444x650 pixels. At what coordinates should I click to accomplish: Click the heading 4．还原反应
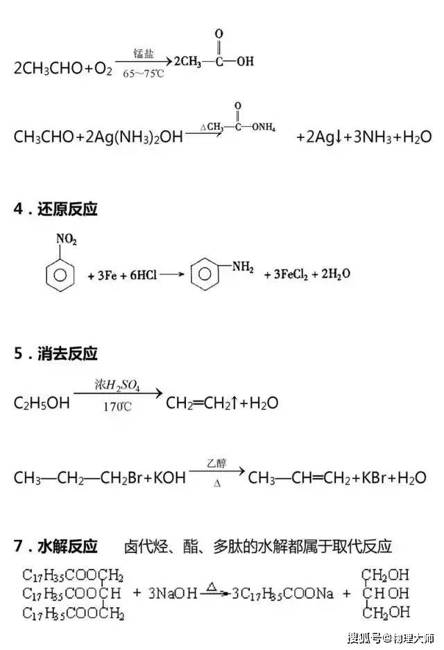[x=55, y=209]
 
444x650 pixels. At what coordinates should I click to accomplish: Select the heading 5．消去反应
[x=55, y=353]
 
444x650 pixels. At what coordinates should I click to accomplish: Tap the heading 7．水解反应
[x=55, y=546]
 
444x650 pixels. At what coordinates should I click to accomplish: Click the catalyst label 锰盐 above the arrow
[x=144, y=53]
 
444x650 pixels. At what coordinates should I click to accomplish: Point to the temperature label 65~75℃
[x=143, y=73]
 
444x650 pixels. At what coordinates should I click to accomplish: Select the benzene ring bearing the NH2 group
[x=205, y=274]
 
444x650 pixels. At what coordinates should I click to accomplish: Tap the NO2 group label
[x=67, y=239]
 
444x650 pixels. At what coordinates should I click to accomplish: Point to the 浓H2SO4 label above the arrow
[x=117, y=385]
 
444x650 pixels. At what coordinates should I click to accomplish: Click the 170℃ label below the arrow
[x=117, y=407]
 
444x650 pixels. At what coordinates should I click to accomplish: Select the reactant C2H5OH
[x=42, y=403]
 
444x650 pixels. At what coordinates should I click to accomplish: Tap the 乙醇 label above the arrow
[x=216, y=463]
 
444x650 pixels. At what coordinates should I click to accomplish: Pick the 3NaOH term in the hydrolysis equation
[x=173, y=593]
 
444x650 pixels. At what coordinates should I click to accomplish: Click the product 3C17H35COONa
[x=282, y=594]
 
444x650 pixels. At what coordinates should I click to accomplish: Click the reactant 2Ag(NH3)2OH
[x=134, y=137]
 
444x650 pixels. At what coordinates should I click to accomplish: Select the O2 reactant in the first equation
[x=103, y=69]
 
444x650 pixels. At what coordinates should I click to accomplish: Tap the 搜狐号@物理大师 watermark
[x=391, y=637]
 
